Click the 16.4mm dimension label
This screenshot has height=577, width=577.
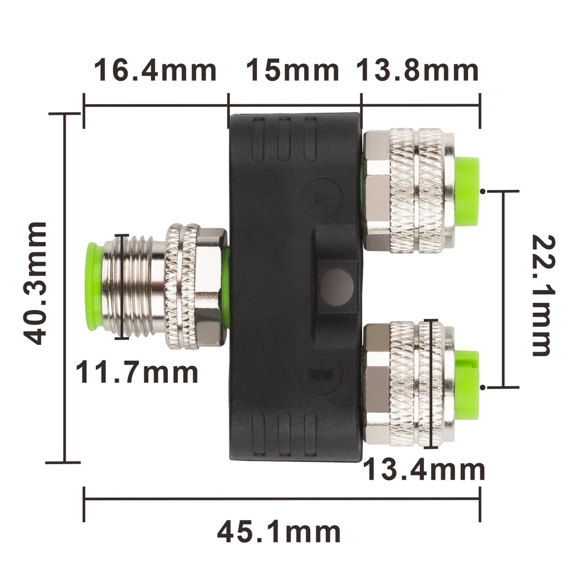click(x=155, y=70)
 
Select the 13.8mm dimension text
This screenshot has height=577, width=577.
click(x=418, y=70)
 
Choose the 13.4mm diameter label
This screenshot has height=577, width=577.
click(x=424, y=470)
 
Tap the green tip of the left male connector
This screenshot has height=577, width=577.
click(x=93, y=286)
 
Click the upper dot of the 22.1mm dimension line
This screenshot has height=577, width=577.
click(x=484, y=192)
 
